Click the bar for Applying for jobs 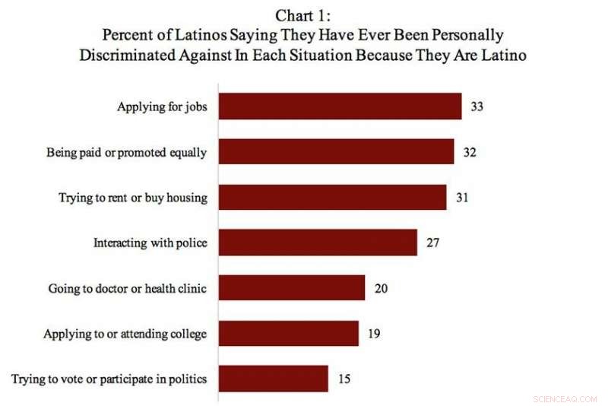pyautogui.click(x=340, y=106)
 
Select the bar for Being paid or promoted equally pyautogui.click(x=336, y=152)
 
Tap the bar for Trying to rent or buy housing pyautogui.click(x=332, y=198)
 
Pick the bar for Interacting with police pyautogui.click(x=318, y=243)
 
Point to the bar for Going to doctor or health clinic pyautogui.click(x=292, y=288)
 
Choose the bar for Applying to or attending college pyautogui.click(x=288, y=333)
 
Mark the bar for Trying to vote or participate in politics pyautogui.click(x=273, y=379)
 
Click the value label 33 pyautogui.click(x=477, y=106)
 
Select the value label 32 pyautogui.click(x=470, y=152)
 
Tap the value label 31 pyautogui.click(x=461, y=198)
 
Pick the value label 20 pyautogui.click(x=381, y=288)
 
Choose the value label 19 pyautogui.click(x=373, y=333)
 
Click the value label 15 pyautogui.click(x=344, y=379)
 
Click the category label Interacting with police pyautogui.click(x=150, y=243)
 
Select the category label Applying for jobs pyautogui.click(x=162, y=106)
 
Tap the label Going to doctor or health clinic pyautogui.click(x=128, y=288)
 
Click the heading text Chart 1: pyautogui.click(x=303, y=16)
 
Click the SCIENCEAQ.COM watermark pyautogui.click(x=565, y=398)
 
